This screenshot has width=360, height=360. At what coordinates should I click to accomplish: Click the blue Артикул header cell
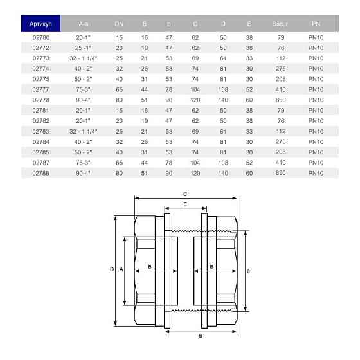[x=41, y=24]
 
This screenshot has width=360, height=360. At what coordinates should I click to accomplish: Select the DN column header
[x=119, y=24]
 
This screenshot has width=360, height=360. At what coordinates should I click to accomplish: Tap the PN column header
[x=316, y=24]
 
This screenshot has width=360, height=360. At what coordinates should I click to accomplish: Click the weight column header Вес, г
[x=280, y=24]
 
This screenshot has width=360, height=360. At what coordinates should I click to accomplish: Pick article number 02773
[x=41, y=59]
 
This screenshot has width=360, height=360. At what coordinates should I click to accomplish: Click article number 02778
[x=41, y=100]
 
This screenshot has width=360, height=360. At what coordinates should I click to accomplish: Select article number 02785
[x=41, y=152]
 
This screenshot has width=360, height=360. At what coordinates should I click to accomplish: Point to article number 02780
[x=41, y=37]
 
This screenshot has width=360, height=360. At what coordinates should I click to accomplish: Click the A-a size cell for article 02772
[x=83, y=48]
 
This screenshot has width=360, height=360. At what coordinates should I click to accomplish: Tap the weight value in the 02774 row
[x=280, y=69]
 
